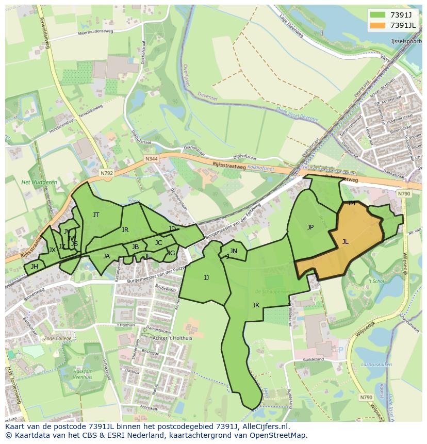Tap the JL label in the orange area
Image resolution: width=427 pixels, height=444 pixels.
[345, 241]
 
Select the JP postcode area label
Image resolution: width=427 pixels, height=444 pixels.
[310, 227]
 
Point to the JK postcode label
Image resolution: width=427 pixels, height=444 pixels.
[256, 305]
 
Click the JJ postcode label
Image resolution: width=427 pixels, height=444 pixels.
[206, 277]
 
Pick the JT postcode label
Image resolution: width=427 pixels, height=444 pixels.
[96, 215]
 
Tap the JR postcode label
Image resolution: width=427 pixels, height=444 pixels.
[125, 230]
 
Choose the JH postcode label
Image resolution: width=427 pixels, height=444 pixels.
[35, 267]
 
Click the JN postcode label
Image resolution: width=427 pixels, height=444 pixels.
[234, 251]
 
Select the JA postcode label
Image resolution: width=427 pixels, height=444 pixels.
[106, 256]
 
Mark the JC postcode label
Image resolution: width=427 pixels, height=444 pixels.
[158, 243]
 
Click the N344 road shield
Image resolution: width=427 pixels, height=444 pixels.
[151, 159]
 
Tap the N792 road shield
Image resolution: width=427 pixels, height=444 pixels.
[106, 173]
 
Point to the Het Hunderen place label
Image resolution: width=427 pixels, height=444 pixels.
[39, 182]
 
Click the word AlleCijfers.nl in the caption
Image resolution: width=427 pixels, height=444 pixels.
[264, 427]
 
